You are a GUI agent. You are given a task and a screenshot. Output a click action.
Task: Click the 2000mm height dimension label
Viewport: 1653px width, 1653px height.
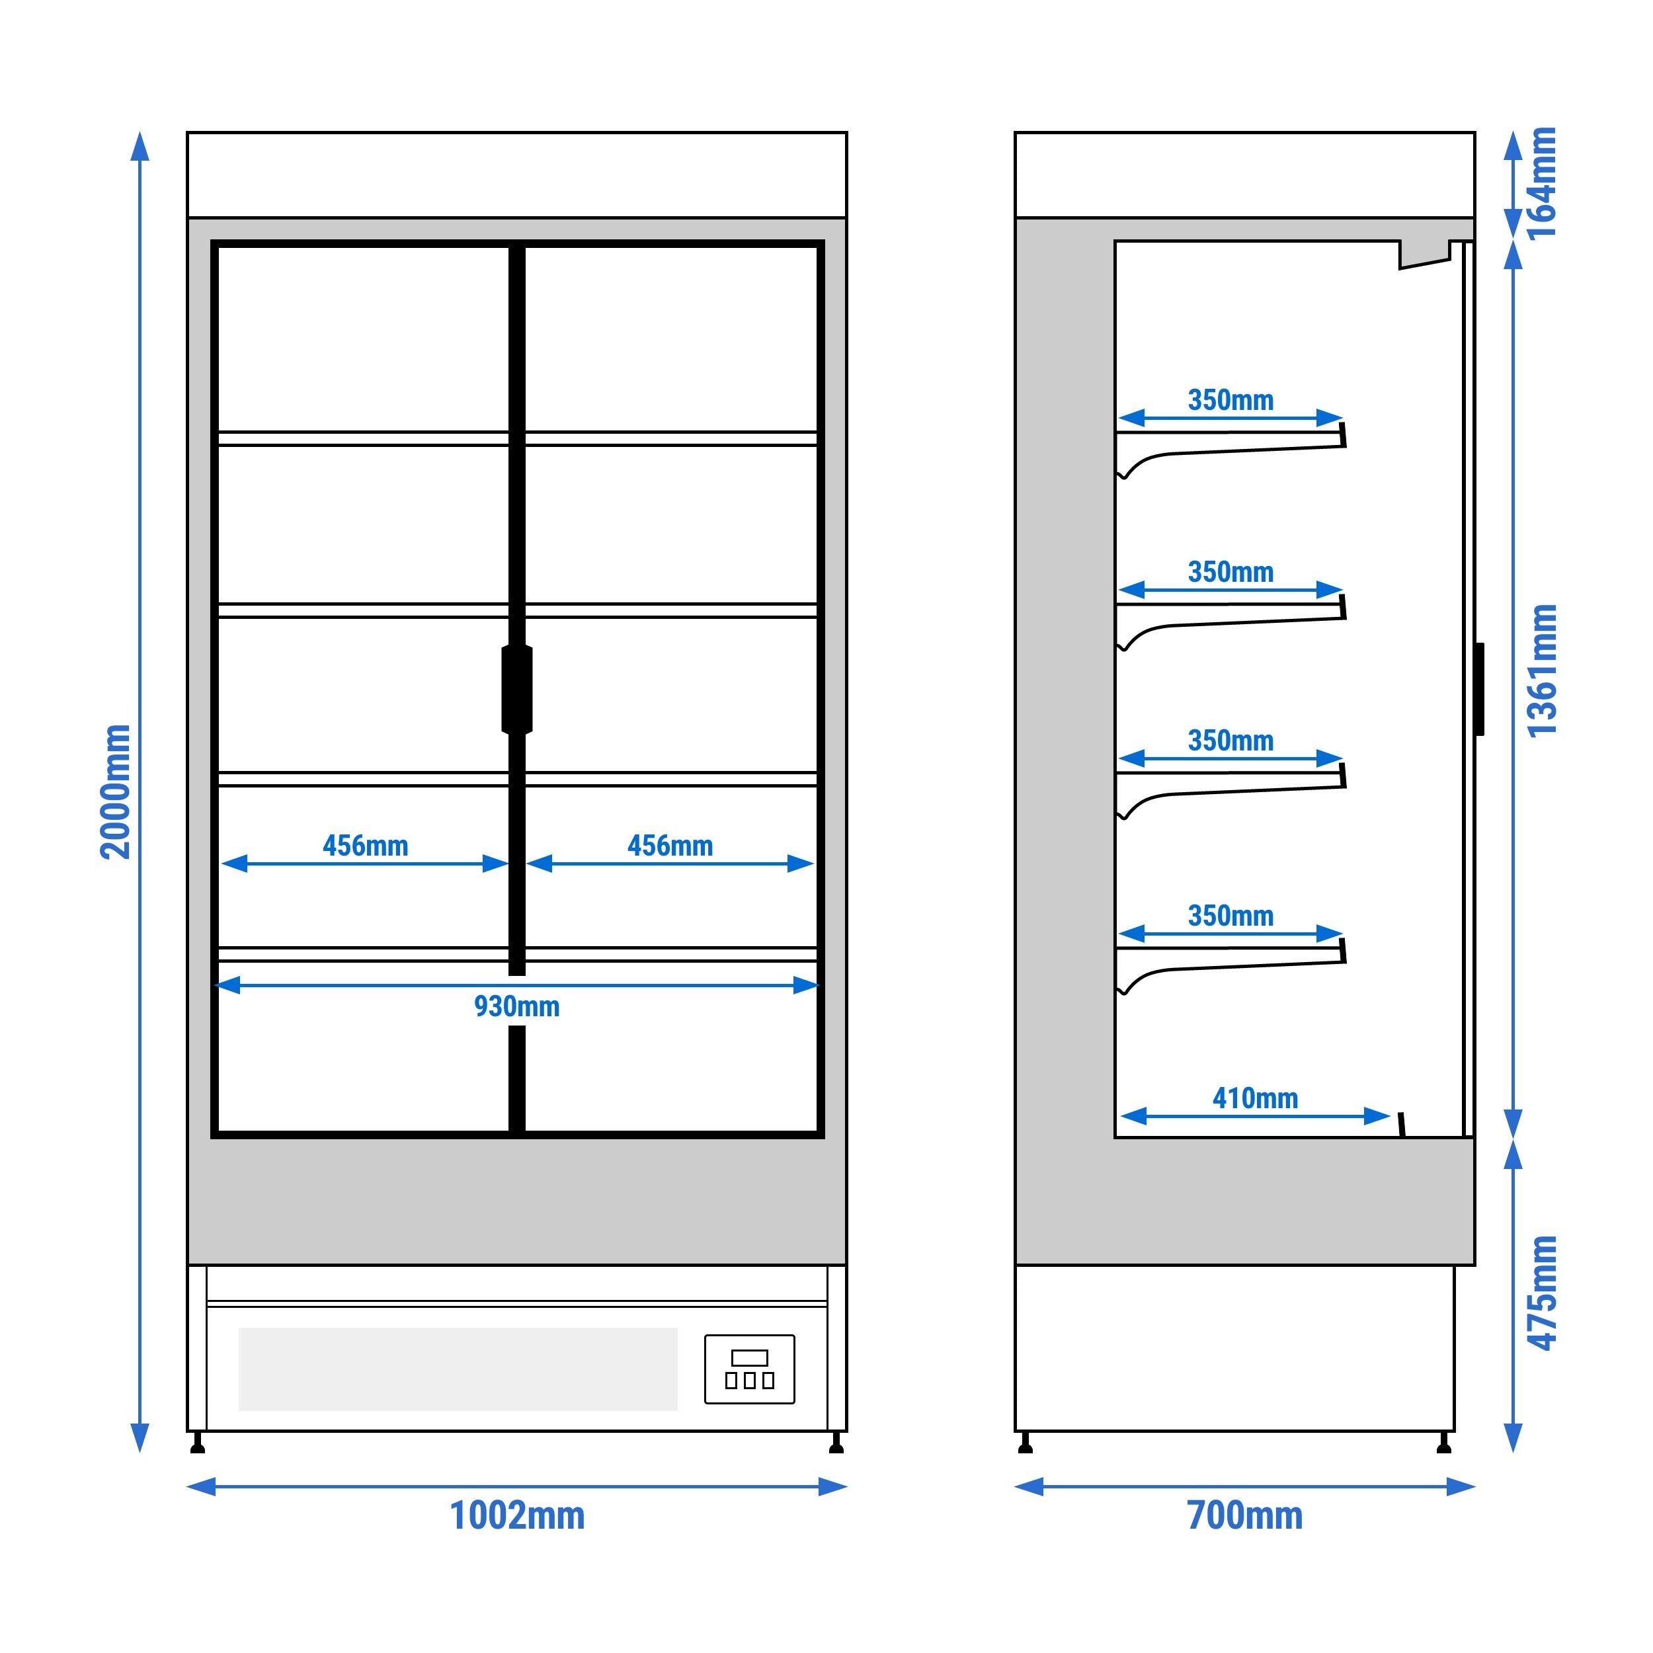coord(116,791)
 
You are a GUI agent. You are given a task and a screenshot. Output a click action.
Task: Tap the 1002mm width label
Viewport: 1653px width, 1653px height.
coord(517,1515)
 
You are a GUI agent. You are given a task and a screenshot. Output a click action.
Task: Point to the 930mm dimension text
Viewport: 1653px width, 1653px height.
coord(517,1006)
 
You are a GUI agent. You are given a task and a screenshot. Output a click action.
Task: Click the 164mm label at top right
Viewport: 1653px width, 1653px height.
coord(1543,183)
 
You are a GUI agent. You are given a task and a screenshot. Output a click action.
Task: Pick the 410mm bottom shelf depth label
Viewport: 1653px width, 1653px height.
coord(1255,1098)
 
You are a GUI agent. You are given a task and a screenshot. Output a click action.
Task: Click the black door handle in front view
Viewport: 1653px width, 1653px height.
coord(517,690)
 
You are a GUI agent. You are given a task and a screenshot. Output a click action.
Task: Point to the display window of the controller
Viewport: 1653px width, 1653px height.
coord(750,1358)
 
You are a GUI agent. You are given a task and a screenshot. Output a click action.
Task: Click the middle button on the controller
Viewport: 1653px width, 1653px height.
coord(750,1380)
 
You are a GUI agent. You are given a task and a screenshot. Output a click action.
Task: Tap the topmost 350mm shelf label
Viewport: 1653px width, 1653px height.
coord(1230,399)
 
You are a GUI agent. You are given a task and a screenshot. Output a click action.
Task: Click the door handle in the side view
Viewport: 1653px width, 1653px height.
coord(1479,689)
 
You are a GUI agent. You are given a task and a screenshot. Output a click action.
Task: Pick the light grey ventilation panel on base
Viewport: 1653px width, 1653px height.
coord(458,1369)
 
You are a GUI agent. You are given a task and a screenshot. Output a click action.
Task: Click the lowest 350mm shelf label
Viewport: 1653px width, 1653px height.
coord(1230,916)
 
